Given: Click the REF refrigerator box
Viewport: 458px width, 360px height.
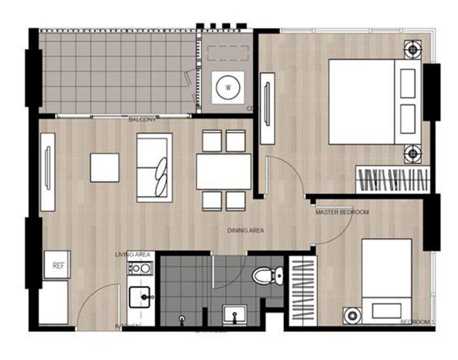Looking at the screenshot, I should click(56, 265).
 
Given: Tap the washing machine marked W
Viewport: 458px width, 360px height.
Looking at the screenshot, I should click(228, 86).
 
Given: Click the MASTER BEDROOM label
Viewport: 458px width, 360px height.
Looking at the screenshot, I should click(342, 213).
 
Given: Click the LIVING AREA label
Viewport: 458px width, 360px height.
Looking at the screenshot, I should click(133, 254).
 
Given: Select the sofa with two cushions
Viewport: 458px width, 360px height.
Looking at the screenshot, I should click(154, 168).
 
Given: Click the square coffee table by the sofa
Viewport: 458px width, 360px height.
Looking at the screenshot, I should click(105, 168).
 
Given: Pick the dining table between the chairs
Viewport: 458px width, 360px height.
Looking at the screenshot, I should click(224, 171).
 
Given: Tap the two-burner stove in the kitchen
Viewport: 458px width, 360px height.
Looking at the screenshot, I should click(140, 268).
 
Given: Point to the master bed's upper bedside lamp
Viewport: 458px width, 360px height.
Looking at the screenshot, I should click(412, 49).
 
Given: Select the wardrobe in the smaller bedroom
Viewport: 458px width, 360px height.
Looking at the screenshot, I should click(302, 289).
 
